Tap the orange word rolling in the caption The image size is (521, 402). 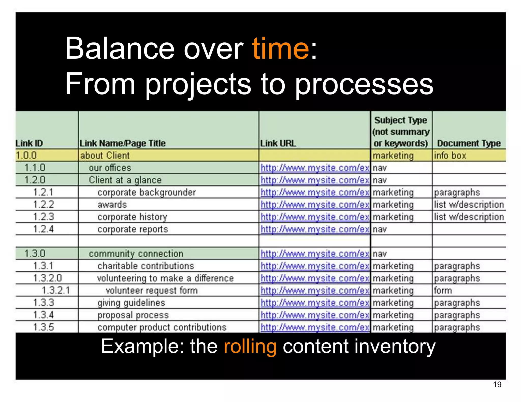(x=250, y=346)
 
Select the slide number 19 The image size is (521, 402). (x=497, y=384)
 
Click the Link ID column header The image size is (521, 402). (x=29, y=143)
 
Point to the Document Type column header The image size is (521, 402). (x=469, y=143)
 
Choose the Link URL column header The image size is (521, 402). (x=278, y=143)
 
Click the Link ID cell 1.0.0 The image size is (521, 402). (x=26, y=155)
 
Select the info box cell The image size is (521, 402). (x=450, y=155)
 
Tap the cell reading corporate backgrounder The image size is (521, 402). (x=147, y=192)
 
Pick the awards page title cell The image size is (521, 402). (x=112, y=205)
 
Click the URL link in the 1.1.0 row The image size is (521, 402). (x=315, y=168)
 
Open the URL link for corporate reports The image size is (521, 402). (x=315, y=229)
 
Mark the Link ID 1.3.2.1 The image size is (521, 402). (x=55, y=290)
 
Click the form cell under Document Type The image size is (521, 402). (x=443, y=290)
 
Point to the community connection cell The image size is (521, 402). (x=136, y=254)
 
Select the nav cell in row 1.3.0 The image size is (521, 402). (x=380, y=254)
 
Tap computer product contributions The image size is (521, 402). (x=162, y=327)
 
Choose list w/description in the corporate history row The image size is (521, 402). (x=469, y=217)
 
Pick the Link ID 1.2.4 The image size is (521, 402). (x=43, y=229)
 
